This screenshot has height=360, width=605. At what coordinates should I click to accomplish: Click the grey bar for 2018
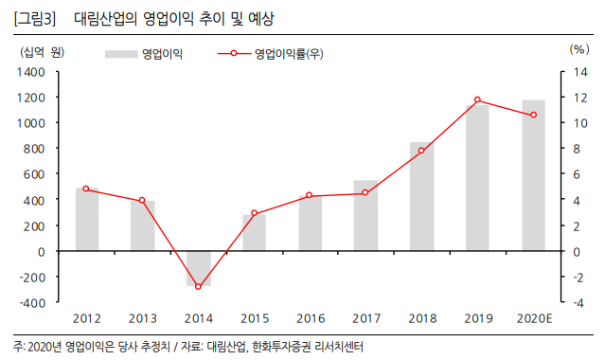pos(421,196)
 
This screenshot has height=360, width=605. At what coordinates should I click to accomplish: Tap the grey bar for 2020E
pos(533,175)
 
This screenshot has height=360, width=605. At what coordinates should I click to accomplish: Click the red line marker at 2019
pos(477,99)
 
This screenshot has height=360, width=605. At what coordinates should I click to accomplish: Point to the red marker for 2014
pos(199,286)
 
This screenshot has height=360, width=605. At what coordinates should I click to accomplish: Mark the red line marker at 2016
pos(310,195)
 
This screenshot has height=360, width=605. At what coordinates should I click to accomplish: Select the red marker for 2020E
pos(533,115)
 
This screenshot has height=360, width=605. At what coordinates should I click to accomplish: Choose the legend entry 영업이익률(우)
pos(289,54)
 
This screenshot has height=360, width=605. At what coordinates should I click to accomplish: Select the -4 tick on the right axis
pos(581,303)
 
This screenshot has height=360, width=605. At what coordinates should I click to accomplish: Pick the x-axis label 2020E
pos(533,318)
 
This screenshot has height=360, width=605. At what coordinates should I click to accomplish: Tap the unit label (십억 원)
pos(39,50)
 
